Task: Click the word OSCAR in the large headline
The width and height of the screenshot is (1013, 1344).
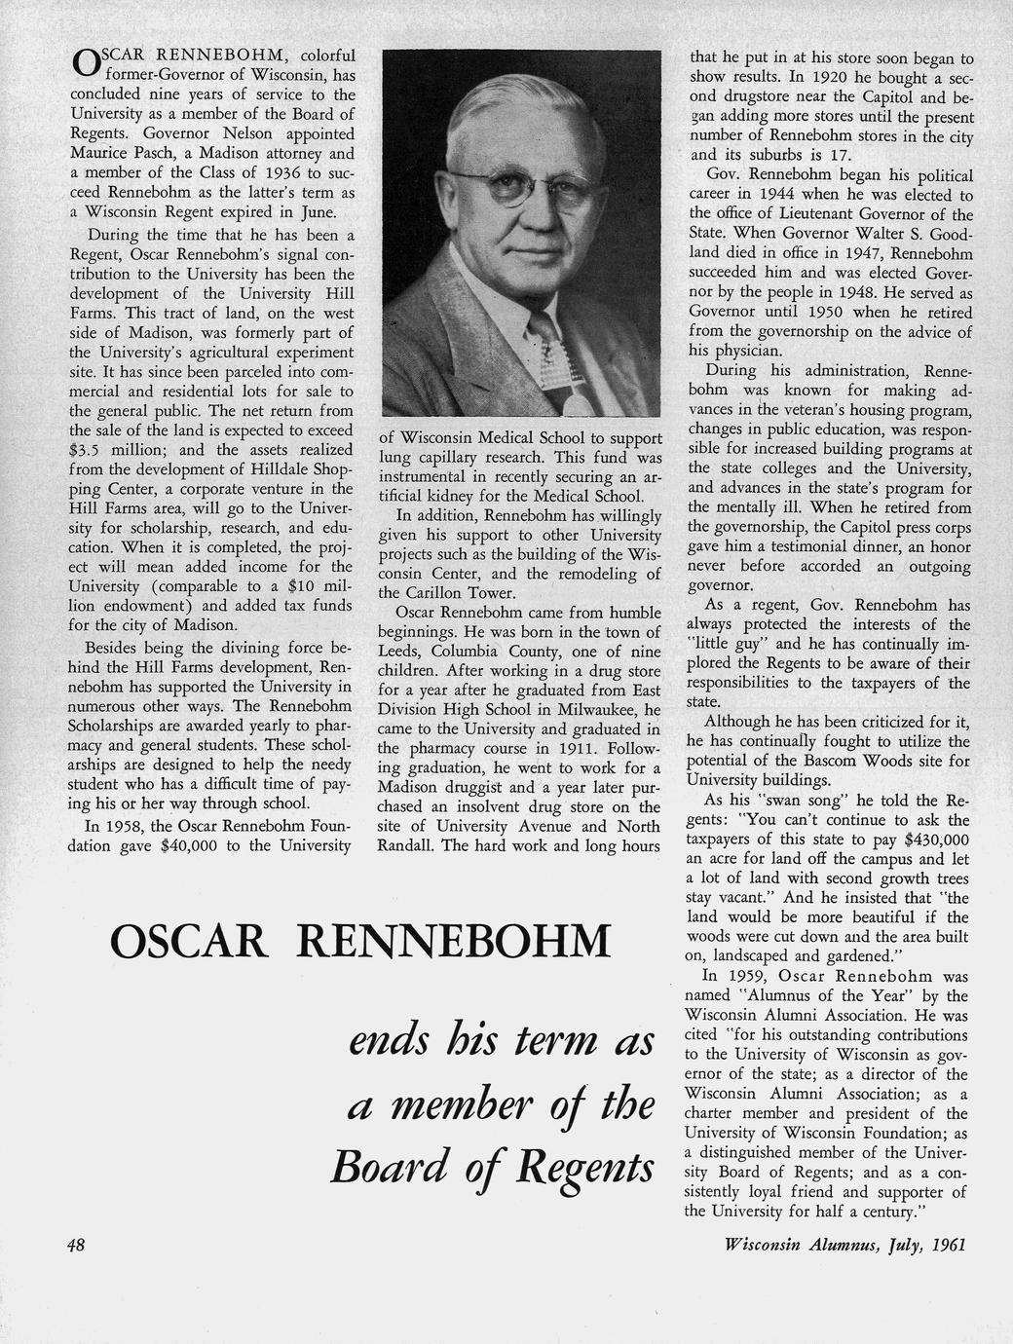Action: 188,941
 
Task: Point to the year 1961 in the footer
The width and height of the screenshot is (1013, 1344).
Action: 948,1245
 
